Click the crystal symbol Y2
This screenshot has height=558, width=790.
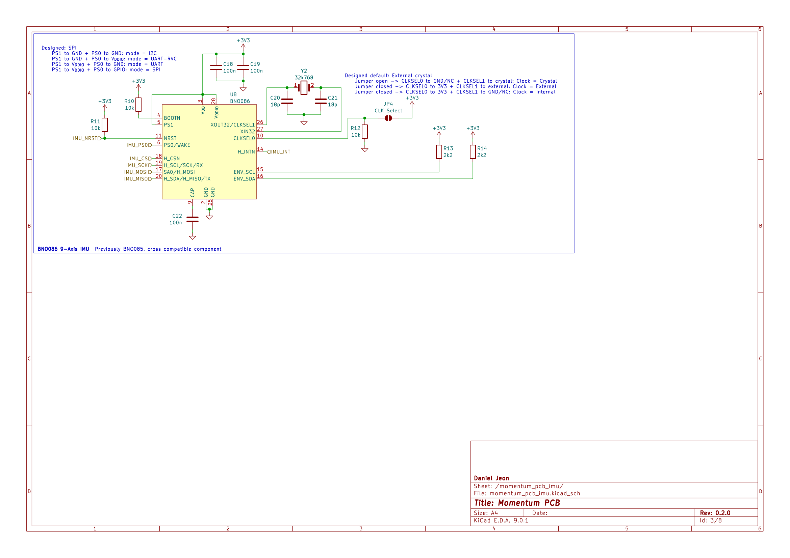pyautogui.click(x=304, y=88)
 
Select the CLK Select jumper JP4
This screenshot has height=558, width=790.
pyautogui.click(x=388, y=118)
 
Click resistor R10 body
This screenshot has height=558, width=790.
pyautogui.click(x=138, y=105)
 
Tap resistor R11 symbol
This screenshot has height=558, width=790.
pyautogui.click(x=105, y=125)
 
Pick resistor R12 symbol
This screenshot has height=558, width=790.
pyautogui.click(x=365, y=132)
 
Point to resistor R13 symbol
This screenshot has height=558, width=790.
pyautogui.click(x=439, y=152)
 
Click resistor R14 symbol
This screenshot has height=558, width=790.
pyautogui.click(x=473, y=152)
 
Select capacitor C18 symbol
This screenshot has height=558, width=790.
pyautogui.click(x=216, y=67)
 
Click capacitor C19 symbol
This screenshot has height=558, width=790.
pyautogui.click(x=243, y=67)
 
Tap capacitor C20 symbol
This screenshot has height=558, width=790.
pyautogui.click(x=287, y=101)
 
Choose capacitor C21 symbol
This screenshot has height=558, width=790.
pyautogui.click(x=321, y=101)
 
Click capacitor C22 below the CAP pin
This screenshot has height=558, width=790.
pyautogui.click(x=192, y=219)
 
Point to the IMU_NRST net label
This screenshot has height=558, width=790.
pyautogui.click(x=86, y=138)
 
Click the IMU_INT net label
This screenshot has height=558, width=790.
pyautogui.click(x=280, y=152)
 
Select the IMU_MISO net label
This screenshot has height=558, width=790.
pyautogui.click(x=137, y=179)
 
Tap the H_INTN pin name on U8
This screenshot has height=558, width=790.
pyautogui.click(x=246, y=152)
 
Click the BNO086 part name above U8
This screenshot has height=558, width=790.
pyautogui.click(x=240, y=101)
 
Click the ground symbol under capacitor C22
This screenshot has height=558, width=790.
pyautogui.click(x=192, y=238)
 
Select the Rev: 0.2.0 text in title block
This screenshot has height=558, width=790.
pyautogui.click(x=715, y=513)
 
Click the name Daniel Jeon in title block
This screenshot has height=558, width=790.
pyautogui.click(x=491, y=478)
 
